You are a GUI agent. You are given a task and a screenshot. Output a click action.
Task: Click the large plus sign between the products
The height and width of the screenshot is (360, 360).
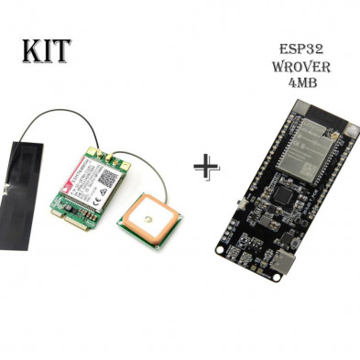click(x=208, y=167)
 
